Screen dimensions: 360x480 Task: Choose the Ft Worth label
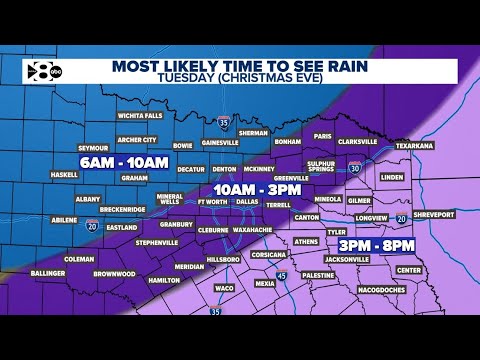[x=214, y=200]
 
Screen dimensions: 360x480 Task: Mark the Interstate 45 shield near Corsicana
[x=281, y=276]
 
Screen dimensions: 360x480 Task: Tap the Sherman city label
[x=254, y=133]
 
